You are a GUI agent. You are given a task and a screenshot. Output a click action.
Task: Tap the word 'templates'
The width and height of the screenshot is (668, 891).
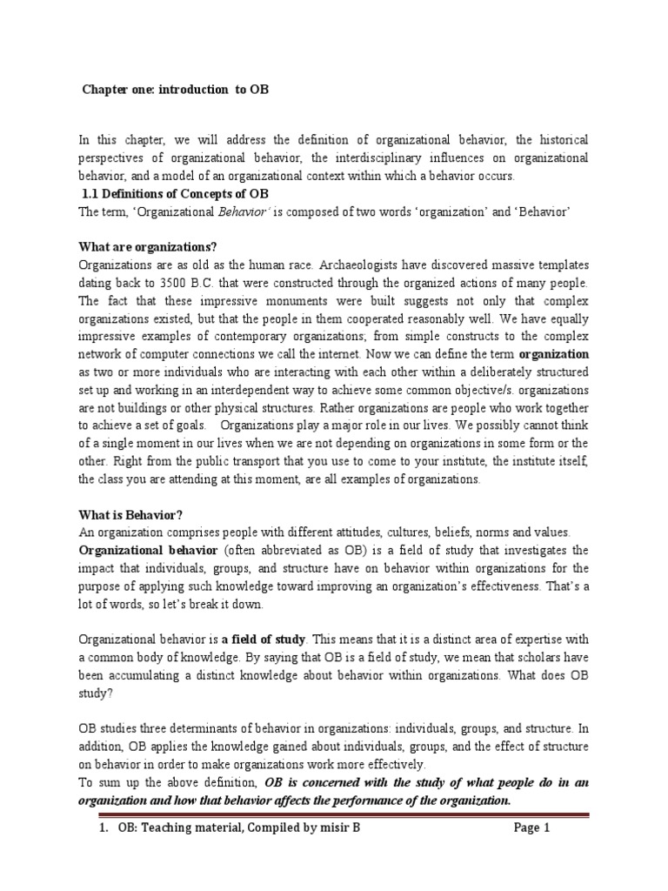point(558,265)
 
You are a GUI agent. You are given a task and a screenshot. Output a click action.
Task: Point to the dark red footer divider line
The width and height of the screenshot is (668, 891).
point(333,815)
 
